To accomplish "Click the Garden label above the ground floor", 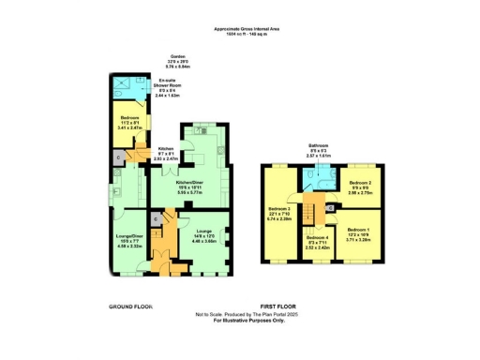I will click(177, 57).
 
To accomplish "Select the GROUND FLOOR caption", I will click(130, 307).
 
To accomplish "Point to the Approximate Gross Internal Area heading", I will click(246, 29).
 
